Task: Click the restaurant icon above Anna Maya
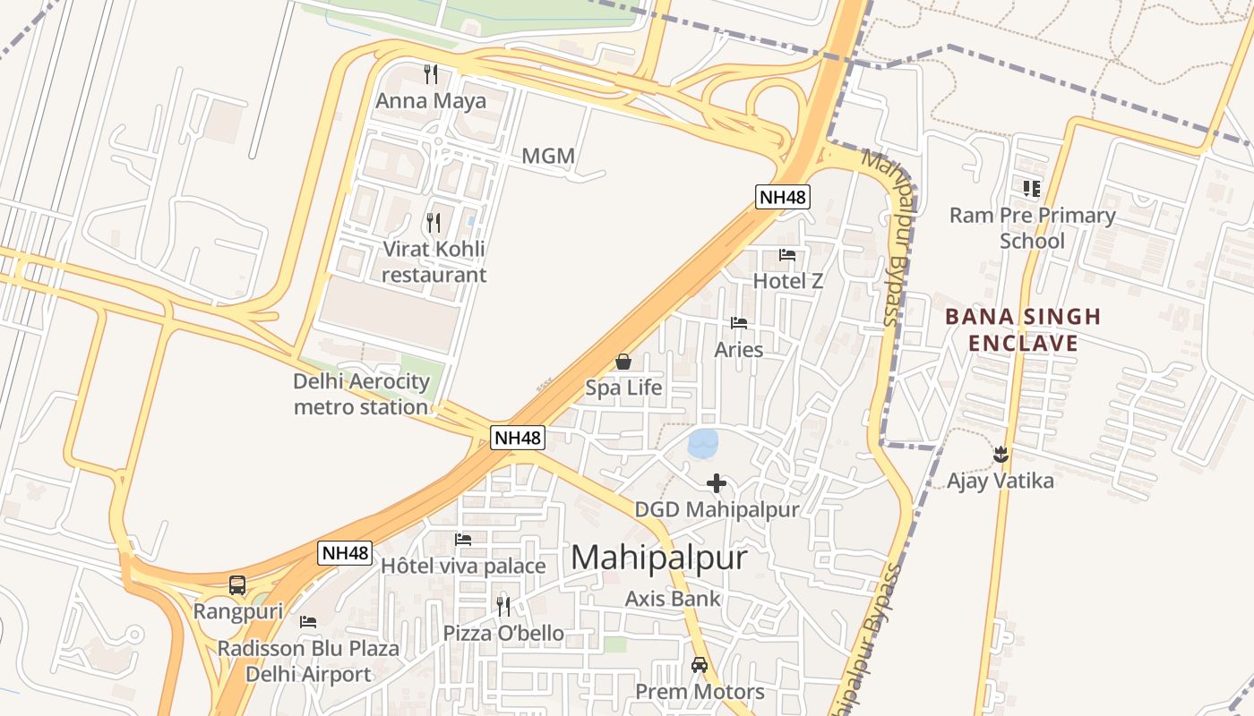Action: [x=431, y=73]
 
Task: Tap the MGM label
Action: [x=548, y=157]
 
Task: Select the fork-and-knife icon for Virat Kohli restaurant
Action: [x=434, y=222]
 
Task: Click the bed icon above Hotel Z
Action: [x=787, y=255]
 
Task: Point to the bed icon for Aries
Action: [x=739, y=323]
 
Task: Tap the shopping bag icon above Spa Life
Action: [x=623, y=362]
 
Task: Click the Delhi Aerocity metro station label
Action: [x=362, y=394]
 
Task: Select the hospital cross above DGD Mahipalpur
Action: [x=717, y=484]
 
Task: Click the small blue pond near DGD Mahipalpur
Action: [x=703, y=441]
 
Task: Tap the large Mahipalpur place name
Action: [x=659, y=558]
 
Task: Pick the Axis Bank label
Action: [x=673, y=599]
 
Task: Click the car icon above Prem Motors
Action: [x=700, y=666]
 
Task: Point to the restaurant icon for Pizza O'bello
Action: [x=503, y=607]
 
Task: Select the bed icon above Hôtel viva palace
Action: [x=463, y=540]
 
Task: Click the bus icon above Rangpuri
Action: [x=237, y=585]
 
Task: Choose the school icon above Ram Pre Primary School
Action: [x=1032, y=189]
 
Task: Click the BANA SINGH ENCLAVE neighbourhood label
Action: [x=1023, y=329]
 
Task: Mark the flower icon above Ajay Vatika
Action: [x=1001, y=455]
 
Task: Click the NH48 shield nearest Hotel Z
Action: [x=783, y=198]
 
